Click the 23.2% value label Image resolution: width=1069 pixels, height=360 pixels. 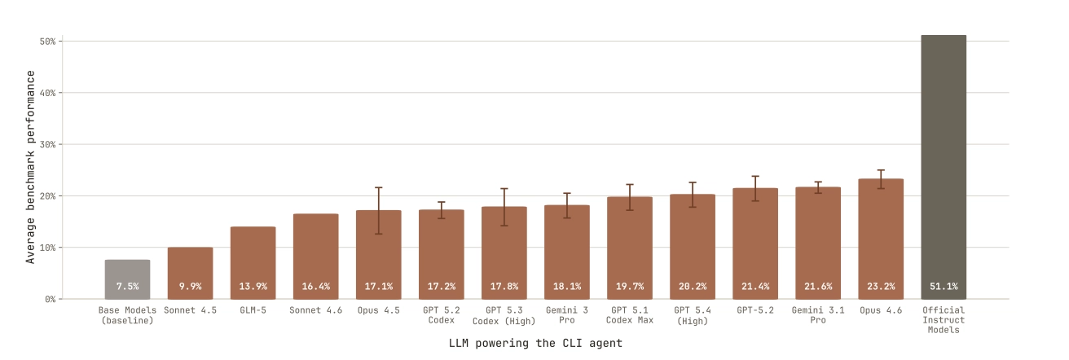click(881, 287)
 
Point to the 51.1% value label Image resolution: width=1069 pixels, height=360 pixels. click(944, 287)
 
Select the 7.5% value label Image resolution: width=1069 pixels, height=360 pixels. click(127, 287)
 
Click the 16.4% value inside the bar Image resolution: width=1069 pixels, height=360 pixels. click(315, 287)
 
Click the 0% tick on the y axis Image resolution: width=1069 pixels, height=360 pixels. click(51, 299)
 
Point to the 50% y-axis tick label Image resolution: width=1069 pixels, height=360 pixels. click(47, 41)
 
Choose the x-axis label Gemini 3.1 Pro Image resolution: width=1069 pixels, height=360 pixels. click(818, 315)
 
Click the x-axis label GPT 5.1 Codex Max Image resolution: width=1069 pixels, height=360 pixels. click(630, 315)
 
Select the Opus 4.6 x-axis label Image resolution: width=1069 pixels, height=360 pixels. click(881, 310)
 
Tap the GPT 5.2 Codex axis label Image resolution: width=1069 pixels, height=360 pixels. click(441, 315)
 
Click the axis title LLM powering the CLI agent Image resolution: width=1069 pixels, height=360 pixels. click(534, 344)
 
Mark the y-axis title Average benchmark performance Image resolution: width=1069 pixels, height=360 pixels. click(31, 167)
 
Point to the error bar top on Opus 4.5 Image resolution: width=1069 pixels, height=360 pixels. click(378, 187)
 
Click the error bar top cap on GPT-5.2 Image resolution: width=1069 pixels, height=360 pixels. click(755, 176)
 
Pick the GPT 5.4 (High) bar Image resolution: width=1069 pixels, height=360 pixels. click(693, 244)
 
